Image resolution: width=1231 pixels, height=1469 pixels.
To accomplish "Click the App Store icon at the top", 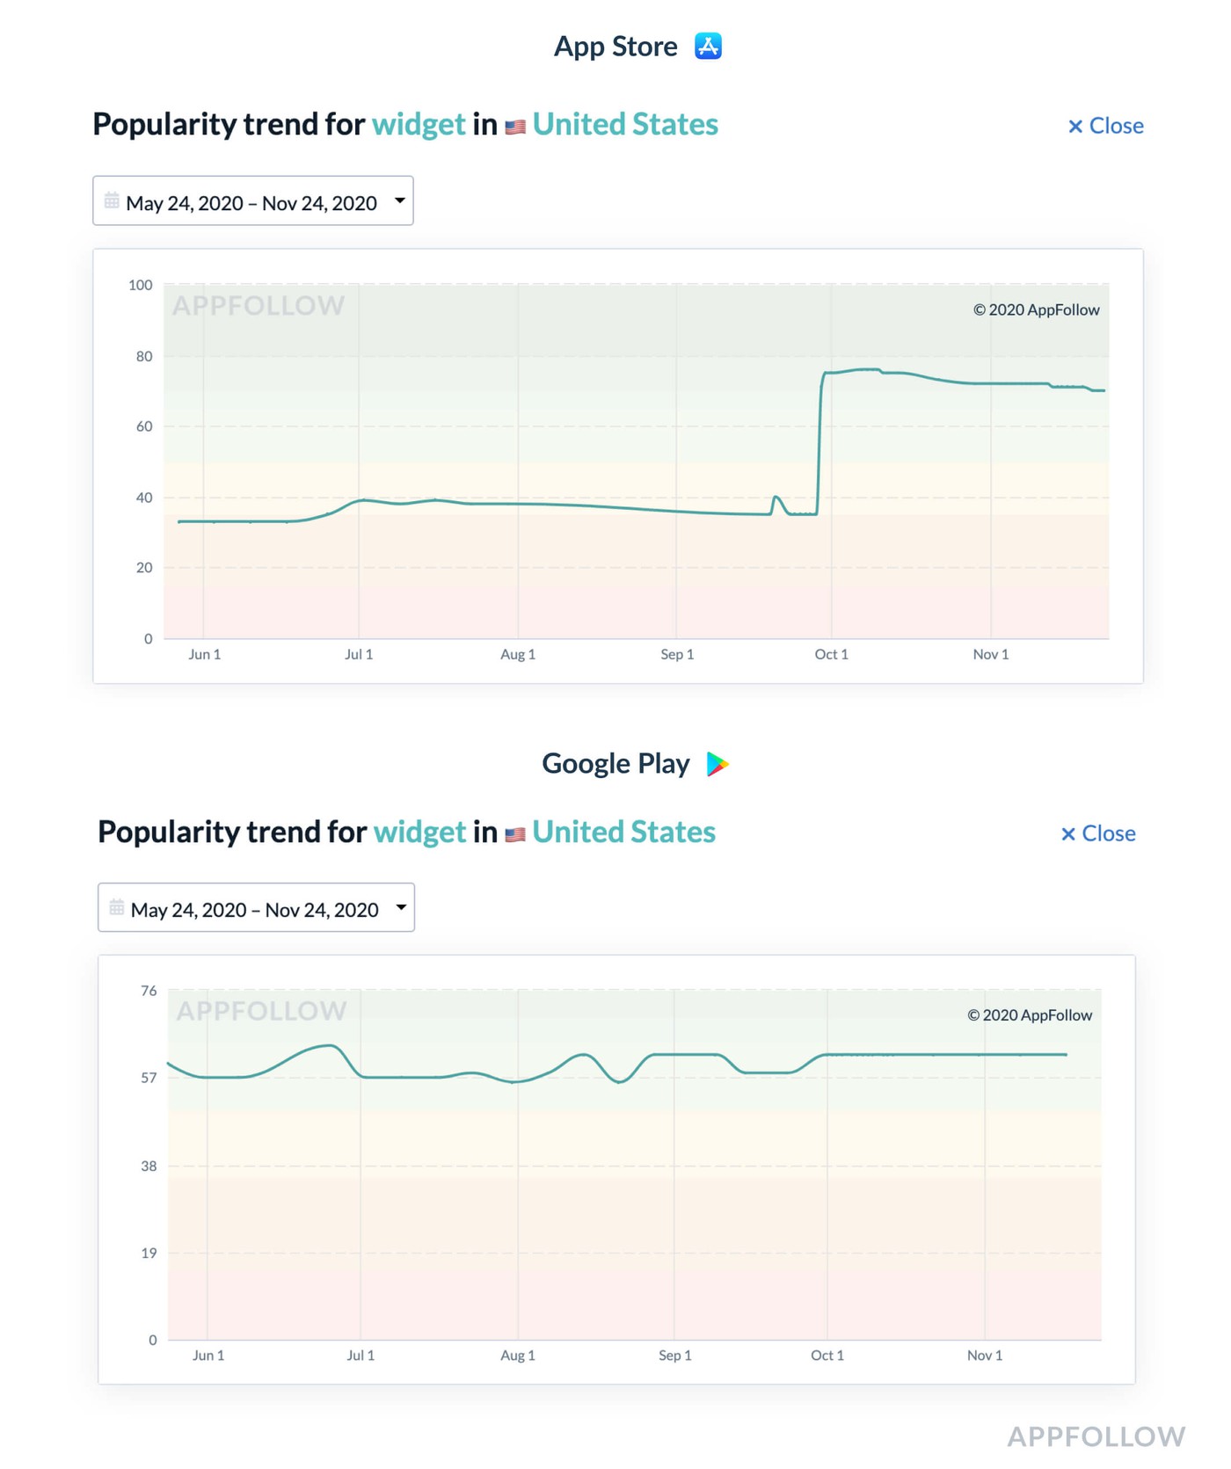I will pos(708,46).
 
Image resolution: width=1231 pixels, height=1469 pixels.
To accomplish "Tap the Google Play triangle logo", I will pos(717,764).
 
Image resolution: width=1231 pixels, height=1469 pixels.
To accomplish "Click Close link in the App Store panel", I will pos(1105,126).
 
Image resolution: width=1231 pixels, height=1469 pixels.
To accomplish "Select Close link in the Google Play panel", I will pos(1098,833).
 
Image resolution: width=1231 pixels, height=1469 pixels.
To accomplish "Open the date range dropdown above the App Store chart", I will pos(253,201).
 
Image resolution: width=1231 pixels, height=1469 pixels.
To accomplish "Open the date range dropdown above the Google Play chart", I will pos(256,908).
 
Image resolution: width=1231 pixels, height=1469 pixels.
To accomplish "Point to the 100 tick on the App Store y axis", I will pos(141,285).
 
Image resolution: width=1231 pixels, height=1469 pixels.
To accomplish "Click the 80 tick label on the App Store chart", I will pos(144,356).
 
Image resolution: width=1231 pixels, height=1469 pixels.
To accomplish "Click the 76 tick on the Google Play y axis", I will pos(149,991).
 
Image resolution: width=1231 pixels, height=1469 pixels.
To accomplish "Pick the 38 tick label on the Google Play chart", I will pos(149,1166).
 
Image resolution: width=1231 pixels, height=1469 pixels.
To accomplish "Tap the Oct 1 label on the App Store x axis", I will pos(831,654).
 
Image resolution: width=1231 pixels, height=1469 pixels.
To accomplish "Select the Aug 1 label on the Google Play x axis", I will pos(518,1356).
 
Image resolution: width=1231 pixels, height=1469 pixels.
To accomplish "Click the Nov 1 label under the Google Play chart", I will pos(985,1356).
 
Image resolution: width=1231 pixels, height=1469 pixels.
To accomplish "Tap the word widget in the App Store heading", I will pos(419,125).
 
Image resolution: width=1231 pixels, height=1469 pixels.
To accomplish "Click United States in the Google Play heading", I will pos(623,832).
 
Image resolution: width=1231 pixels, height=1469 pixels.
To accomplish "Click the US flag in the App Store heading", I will pos(515,127).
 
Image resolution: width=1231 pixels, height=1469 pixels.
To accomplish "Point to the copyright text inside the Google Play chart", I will pos(1030,1015).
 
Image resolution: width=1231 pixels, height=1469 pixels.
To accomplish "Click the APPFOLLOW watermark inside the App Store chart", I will pos(259,306).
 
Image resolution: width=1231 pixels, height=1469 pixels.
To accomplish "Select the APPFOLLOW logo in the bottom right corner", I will pos(1096,1436).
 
